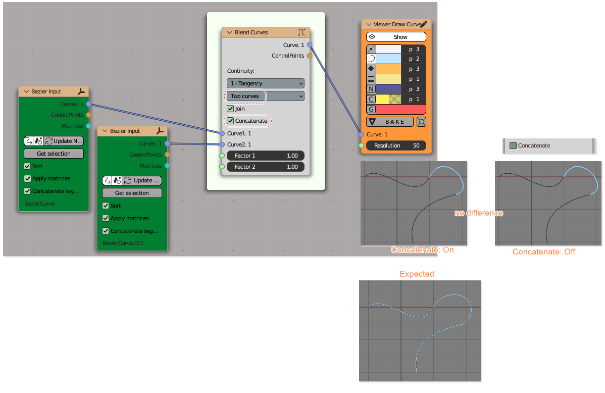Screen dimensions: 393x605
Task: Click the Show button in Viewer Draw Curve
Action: [400, 37]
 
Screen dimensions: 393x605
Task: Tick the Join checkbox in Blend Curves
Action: [230, 109]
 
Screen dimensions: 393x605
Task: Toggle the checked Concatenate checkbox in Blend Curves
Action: [230, 121]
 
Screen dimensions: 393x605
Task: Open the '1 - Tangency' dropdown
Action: [265, 83]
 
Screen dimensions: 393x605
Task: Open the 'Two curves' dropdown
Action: [265, 96]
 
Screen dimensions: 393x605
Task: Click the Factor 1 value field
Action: [265, 156]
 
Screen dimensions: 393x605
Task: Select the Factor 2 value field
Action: [265, 167]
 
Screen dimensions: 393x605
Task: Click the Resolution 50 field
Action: [396, 145]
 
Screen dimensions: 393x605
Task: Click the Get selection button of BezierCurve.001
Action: [132, 193]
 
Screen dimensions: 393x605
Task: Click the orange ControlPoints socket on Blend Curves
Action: [310, 56]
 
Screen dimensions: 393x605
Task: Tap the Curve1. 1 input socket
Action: [222, 133]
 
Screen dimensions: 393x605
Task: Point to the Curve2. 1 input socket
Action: [222, 144]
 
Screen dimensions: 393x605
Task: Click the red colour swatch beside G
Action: [401, 109]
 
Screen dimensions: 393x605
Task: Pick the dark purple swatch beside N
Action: [389, 89]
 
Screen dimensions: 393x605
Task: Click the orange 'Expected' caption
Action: [417, 274]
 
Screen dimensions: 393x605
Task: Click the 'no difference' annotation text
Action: [479, 213]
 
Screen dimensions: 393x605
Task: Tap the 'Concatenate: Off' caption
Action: [544, 252]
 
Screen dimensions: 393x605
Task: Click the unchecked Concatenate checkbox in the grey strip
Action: [513, 145]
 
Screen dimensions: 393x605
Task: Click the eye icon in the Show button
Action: [372, 37]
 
